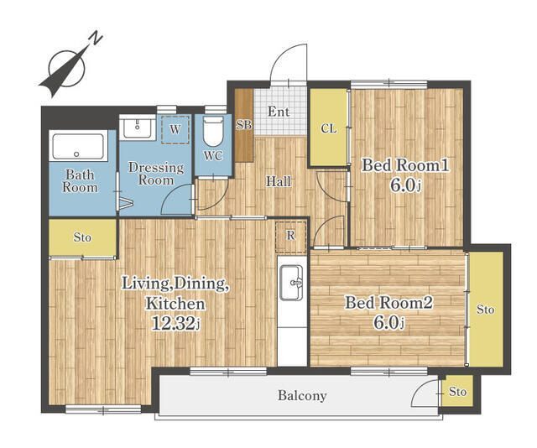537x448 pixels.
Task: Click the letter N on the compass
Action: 96,39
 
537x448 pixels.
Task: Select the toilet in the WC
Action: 213,133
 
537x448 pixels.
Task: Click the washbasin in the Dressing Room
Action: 138,127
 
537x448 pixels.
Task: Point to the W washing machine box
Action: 175,129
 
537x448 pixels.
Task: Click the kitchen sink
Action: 291,283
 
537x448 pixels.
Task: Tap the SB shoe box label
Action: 244,125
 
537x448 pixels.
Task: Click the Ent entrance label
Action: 279,112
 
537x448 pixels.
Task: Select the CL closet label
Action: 329,129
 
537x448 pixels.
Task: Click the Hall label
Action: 279,181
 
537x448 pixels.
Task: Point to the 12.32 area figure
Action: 174,323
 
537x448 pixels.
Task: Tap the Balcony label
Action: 302,396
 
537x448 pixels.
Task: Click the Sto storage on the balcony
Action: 457,391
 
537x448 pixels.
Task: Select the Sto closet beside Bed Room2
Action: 486,310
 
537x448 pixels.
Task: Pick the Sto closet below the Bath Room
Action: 82,237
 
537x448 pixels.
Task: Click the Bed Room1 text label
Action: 406,165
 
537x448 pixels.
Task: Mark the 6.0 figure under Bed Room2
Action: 386,323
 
